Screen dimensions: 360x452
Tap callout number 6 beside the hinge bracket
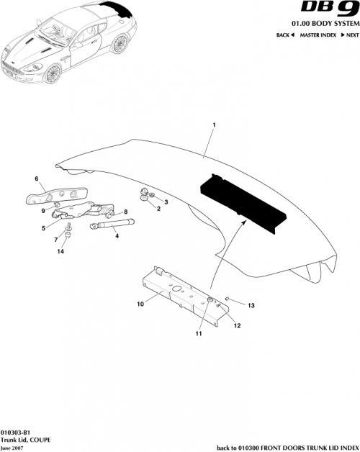(36, 178)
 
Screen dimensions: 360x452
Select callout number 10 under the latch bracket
(141, 304)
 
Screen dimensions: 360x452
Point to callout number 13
(251, 305)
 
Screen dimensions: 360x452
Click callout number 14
(61, 252)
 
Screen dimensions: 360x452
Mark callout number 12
(237, 325)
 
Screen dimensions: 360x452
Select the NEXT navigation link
(350, 35)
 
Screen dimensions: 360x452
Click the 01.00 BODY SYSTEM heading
(322, 24)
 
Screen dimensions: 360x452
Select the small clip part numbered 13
(228, 297)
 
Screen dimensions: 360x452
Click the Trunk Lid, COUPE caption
(26, 439)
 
